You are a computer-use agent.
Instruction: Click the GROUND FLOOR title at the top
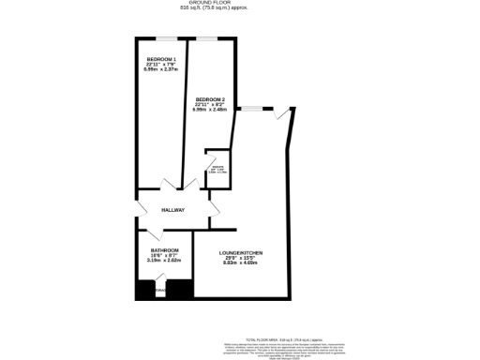[x=241, y=4]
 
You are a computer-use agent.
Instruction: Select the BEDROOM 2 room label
[x=211, y=98]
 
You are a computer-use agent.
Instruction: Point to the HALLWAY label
[x=172, y=210]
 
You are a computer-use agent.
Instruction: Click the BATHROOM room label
[x=165, y=250]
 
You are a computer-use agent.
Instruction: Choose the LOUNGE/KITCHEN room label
[x=241, y=253]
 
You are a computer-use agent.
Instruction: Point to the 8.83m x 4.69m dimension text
[x=241, y=263]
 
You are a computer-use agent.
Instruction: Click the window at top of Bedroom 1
[x=169, y=38]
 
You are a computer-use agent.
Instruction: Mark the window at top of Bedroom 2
[x=207, y=38]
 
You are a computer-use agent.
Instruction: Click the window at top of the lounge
[x=250, y=109]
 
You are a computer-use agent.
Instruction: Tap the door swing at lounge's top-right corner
[x=284, y=114]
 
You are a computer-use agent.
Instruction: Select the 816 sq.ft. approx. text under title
[x=241, y=9]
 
